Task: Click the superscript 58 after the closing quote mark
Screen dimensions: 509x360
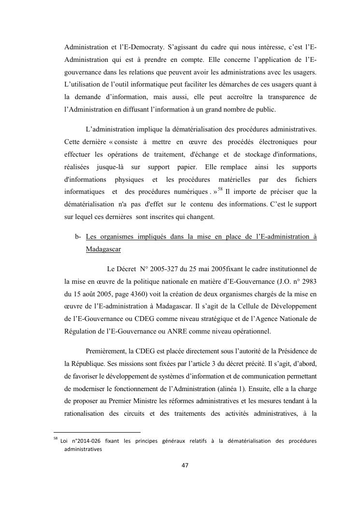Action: click(220, 189)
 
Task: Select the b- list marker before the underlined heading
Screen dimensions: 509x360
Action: click(78, 237)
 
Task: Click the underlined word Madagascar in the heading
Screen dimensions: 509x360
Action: click(103, 249)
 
